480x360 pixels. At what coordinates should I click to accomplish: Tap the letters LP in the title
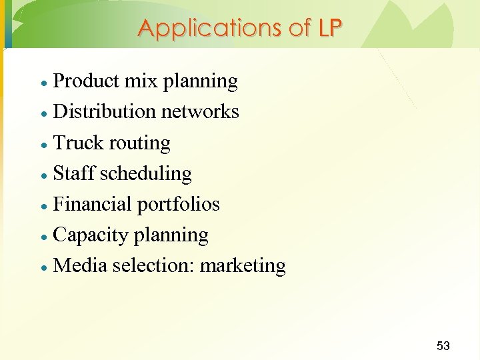pos(330,28)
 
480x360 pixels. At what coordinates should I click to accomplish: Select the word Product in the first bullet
pos(85,81)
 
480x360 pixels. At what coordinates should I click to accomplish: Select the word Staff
pos(74,173)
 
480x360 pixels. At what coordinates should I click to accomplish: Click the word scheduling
pos(146,173)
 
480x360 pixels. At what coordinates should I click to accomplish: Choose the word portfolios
pos(178,204)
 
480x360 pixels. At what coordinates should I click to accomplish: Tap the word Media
pos(80,265)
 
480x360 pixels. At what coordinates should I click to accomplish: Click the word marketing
pos(243,265)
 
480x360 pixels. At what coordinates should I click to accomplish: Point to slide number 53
pos(443,345)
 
